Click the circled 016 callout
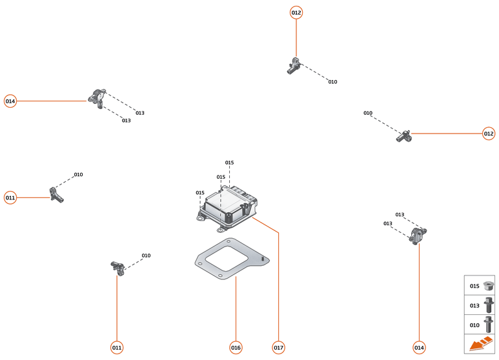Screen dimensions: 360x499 (x=236, y=348)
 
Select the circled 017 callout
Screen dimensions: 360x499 (x=278, y=348)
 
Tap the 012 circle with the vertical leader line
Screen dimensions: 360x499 (x=296, y=12)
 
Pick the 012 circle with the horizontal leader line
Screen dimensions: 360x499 (x=489, y=134)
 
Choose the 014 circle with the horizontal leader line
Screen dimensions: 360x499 (x=10, y=101)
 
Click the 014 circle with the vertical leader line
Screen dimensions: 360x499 (x=419, y=348)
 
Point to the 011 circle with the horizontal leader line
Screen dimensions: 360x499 (x=10, y=197)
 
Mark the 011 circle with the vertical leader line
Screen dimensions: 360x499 (x=117, y=348)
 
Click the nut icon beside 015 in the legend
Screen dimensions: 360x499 (x=489, y=286)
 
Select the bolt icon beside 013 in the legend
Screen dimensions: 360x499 (x=489, y=305)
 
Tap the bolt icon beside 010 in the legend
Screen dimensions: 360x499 (x=489, y=324)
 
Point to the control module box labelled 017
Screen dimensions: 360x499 (x=227, y=208)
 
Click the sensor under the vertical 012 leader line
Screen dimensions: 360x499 (x=294, y=65)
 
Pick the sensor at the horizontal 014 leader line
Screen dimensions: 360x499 (x=98, y=99)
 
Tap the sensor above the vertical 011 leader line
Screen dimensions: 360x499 (x=117, y=265)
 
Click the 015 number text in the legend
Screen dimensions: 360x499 (x=474, y=286)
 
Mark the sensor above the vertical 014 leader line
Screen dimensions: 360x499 (x=418, y=235)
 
